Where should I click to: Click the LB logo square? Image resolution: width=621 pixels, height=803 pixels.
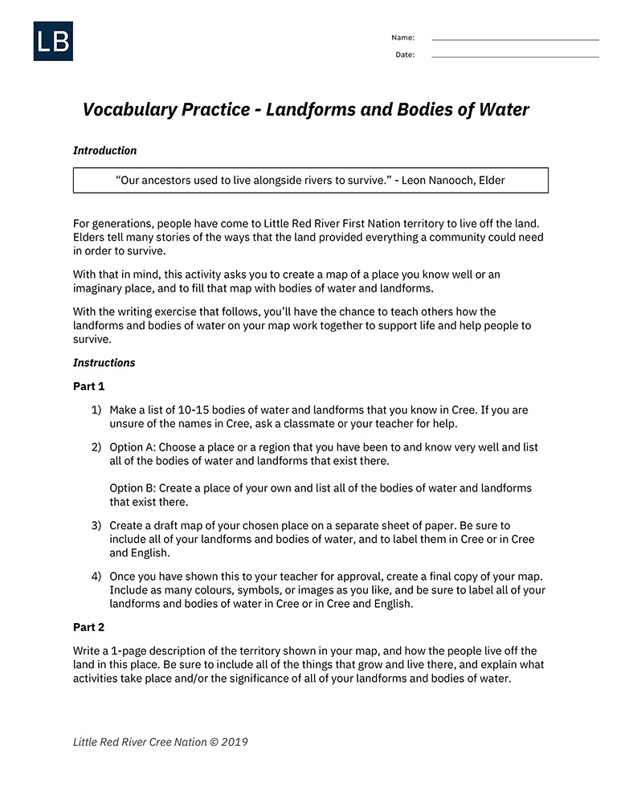coord(53,41)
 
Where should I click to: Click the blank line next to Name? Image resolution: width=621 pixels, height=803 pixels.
coord(515,39)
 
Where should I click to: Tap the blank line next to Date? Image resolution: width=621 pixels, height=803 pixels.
coord(515,56)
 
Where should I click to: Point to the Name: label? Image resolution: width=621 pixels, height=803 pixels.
coord(402,38)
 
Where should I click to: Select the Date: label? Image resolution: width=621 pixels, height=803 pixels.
coord(405,55)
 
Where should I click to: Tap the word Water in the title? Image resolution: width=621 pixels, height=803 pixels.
coord(504,109)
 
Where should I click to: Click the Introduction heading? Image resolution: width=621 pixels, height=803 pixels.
coord(104,150)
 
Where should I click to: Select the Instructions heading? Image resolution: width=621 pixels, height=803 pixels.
coord(104,362)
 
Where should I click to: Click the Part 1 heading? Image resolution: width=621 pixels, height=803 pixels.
coord(89,386)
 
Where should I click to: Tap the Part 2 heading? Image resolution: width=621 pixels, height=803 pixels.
coord(89,627)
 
